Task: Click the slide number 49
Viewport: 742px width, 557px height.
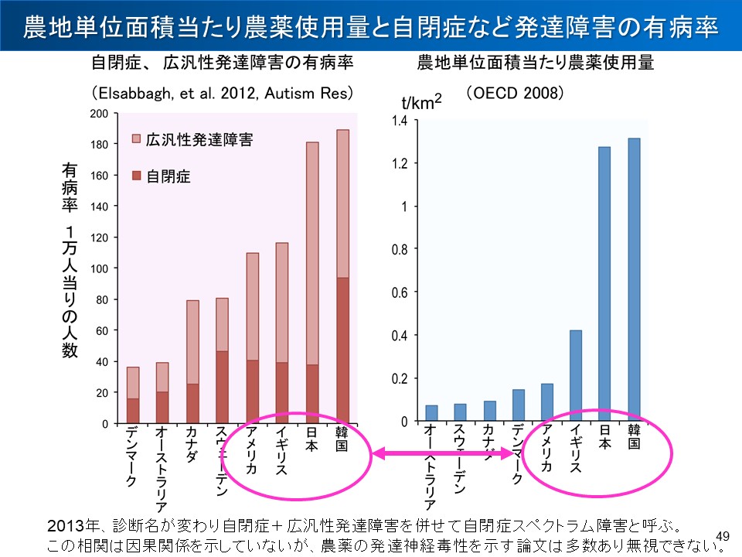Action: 723,536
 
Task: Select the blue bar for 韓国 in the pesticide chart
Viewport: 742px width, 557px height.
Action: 635,279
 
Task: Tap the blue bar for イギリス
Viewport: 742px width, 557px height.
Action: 575,375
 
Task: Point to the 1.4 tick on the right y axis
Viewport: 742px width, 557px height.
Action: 399,121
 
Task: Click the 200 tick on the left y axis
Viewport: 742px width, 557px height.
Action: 99,114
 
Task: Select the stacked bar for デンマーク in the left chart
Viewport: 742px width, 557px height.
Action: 133,395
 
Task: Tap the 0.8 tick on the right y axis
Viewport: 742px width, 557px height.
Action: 399,250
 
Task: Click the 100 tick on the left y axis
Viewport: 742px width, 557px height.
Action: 99,268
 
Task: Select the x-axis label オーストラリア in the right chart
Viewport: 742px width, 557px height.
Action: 431,463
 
